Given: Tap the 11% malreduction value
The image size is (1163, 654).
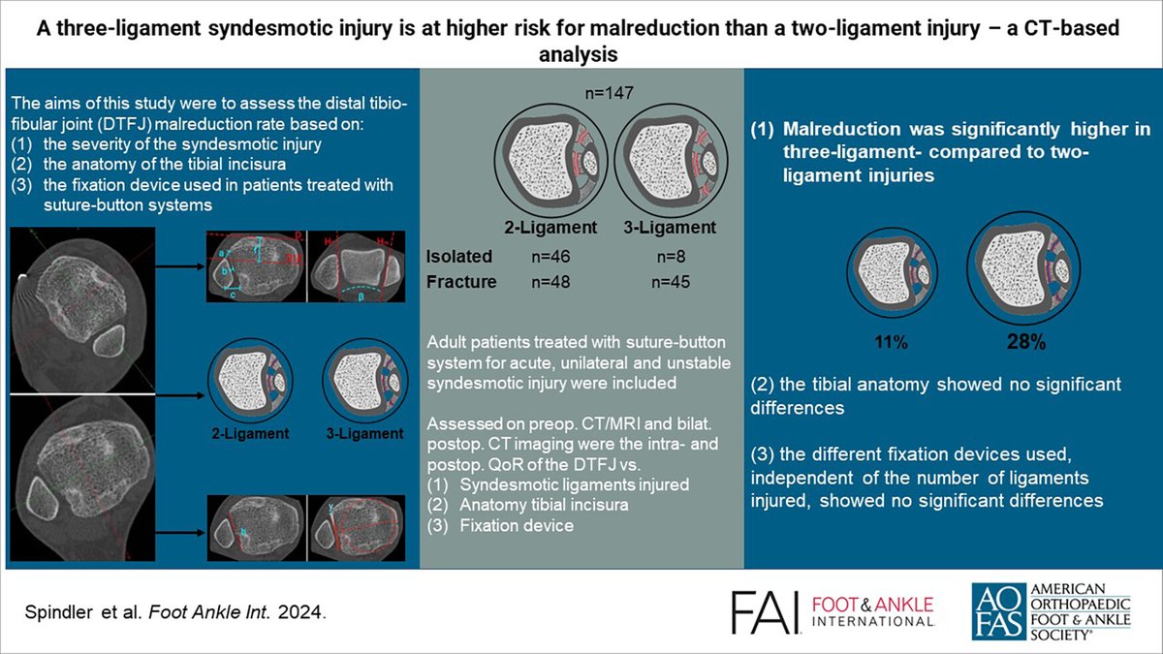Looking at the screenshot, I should (x=890, y=342).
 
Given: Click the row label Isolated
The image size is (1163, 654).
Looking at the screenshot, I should (x=459, y=257).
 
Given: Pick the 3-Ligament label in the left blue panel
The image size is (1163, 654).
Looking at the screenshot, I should (x=365, y=433).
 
